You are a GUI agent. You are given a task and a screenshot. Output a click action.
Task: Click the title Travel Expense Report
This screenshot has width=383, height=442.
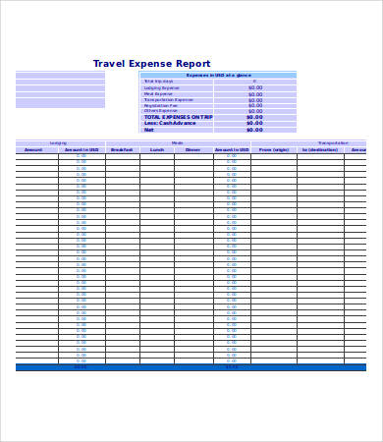click(x=151, y=64)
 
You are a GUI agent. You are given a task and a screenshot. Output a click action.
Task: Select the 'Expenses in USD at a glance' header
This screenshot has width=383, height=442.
click(x=217, y=75)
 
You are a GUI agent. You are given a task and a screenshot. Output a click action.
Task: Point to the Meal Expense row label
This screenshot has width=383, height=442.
click(x=157, y=93)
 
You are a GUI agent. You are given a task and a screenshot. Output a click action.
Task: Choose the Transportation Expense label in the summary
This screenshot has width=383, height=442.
click(x=169, y=99)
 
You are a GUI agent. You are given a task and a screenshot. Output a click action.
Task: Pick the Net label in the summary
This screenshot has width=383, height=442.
click(x=149, y=129)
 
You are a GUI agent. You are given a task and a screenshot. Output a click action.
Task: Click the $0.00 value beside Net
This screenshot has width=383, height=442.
click(x=254, y=129)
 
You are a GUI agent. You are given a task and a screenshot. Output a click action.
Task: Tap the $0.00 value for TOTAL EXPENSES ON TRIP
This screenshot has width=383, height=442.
click(x=254, y=117)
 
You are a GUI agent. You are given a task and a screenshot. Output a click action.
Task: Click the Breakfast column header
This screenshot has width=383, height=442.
click(x=122, y=149)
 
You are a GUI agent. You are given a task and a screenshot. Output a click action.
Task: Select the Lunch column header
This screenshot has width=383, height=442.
click(x=157, y=149)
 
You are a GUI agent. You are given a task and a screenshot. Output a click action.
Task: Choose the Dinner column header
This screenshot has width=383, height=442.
click(x=193, y=149)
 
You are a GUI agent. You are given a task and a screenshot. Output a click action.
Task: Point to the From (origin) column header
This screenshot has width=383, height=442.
click(x=274, y=149)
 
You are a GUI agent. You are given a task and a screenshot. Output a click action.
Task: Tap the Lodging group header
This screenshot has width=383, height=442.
click(x=59, y=142)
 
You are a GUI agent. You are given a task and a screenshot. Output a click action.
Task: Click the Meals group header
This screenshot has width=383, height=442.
click(x=177, y=142)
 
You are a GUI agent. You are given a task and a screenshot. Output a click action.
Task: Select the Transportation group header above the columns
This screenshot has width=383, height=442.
click(x=332, y=142)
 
